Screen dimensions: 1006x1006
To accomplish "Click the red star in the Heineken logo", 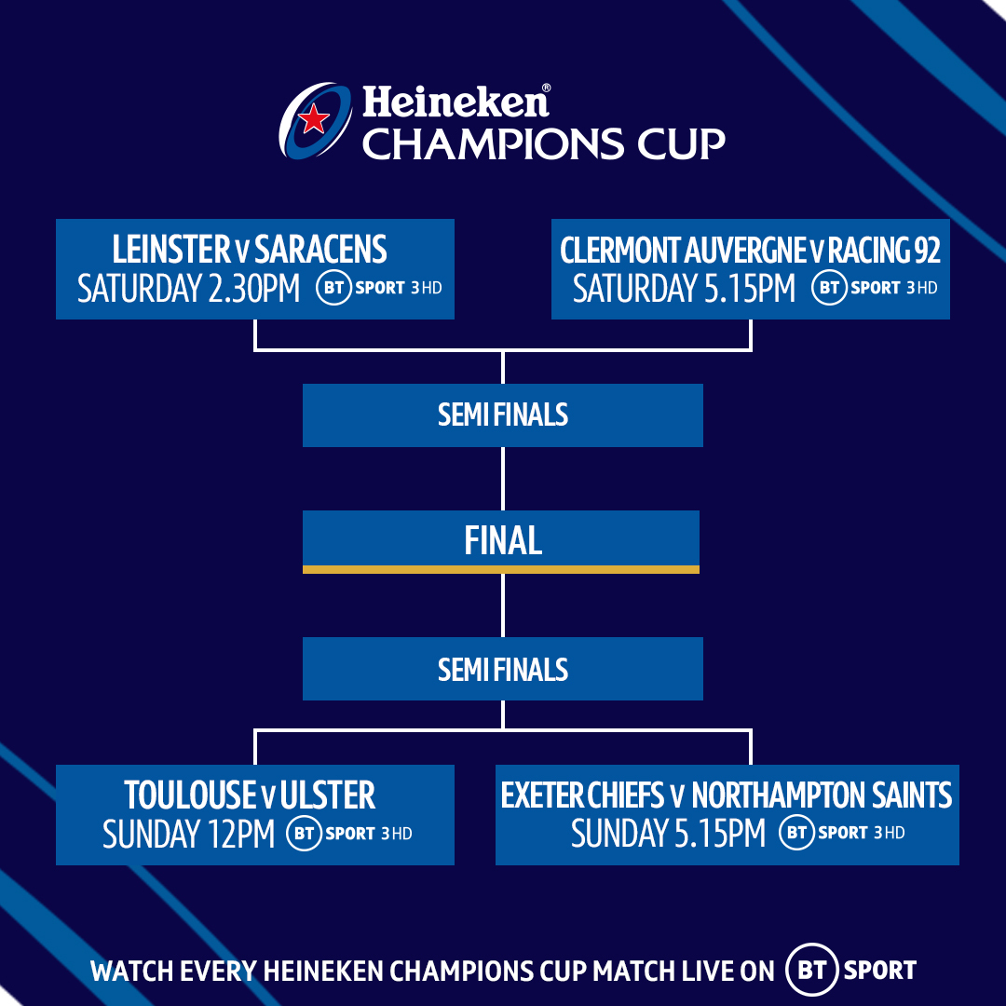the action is pyautogui.click(x=315, y=119).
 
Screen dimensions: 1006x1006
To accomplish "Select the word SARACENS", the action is pyautogui.click(x=320, y=250).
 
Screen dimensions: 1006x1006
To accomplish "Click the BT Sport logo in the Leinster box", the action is pyautogui.click(x=379, y=288).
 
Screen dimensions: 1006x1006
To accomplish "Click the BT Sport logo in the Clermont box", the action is pyautogui.click(x=875, y=288).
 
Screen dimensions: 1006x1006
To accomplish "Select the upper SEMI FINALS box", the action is pyautogui.click(x=503, y=415).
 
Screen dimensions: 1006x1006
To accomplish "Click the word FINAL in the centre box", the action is pyautogui.click(x=503, y=540).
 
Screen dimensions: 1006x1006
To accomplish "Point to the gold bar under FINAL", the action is pyautogui.click(x=501, y=569).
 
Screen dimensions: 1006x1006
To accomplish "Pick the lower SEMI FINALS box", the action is pyautogui.click(x=503, y=669).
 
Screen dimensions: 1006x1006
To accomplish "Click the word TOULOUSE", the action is pyautogui.click(x=190, y=795).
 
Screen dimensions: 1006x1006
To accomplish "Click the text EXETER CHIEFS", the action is pyautogui.click(x=581, y=795).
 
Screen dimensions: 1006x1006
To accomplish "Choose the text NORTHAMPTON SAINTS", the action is pyautogui.click(x=822, y=795).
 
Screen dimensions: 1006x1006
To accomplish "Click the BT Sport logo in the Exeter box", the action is pyautogui.click(x=842, y=833).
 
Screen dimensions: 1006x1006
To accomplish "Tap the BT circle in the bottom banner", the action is pyautogui.click(x=812, y=970).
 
